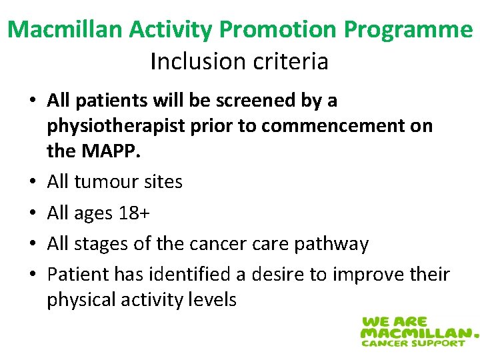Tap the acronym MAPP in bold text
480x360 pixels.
(112, 151)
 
